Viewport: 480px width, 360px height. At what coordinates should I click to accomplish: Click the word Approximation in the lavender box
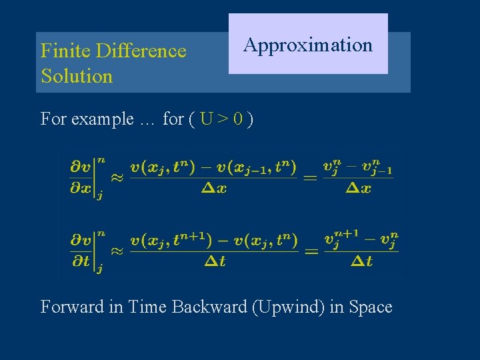(x=307, y=45)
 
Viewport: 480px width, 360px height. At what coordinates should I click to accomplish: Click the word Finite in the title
(x=65, y=51)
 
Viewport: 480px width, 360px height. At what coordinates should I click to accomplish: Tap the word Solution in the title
(x=77, y=76)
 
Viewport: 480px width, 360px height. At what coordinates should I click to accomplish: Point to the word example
(x=102, y=119)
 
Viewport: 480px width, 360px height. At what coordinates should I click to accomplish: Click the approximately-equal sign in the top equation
(x=116, y=177)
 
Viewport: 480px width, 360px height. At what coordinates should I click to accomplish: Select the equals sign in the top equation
(x=311, y=177)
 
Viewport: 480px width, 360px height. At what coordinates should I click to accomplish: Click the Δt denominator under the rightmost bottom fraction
(x=360, y=261)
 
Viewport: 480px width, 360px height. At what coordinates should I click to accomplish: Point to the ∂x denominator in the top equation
(x=81, y=188)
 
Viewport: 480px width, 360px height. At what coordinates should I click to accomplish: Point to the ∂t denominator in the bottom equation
(x=81, y=261)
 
